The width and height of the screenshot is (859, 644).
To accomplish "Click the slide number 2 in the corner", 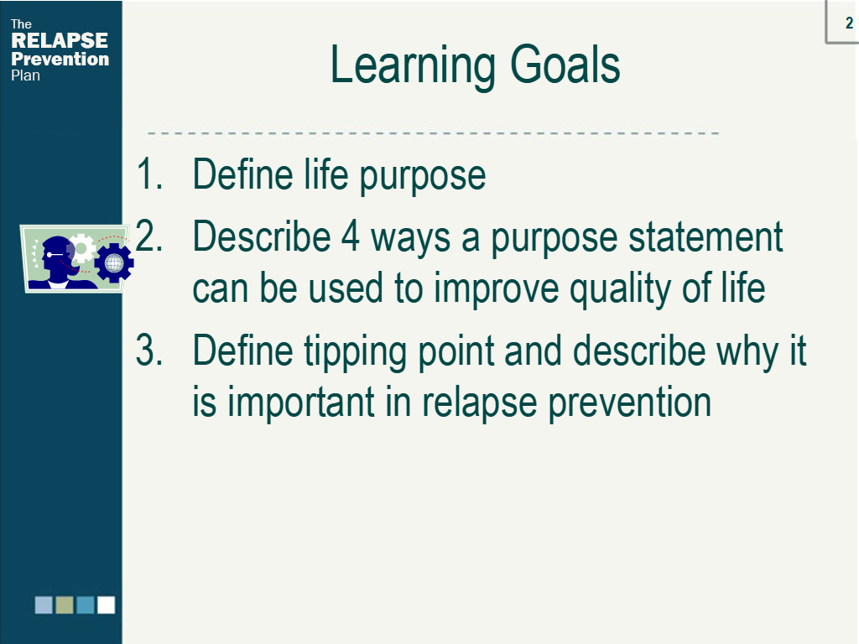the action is [849, 23].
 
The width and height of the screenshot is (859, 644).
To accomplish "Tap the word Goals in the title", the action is [565, 65].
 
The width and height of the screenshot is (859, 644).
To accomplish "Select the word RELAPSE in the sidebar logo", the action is [60, 40].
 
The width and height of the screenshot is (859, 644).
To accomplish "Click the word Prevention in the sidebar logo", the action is [60, 59].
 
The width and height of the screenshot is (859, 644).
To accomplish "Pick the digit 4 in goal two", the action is [351, 236].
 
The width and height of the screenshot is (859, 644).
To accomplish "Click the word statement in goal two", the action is [705, 236].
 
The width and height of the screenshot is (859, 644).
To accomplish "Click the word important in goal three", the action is [301, 402].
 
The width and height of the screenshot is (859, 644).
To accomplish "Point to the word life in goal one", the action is [326, 174].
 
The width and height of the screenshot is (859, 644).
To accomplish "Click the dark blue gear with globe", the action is [114, 262].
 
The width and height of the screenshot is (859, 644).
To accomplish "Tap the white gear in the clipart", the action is [82, 248].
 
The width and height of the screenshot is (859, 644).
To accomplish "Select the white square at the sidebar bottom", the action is [106, 605].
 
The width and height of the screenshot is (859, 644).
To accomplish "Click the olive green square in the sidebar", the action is [65, 605].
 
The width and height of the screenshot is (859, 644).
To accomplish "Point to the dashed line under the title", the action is [434, 132].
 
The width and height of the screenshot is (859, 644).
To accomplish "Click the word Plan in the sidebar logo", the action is [25, 75].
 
